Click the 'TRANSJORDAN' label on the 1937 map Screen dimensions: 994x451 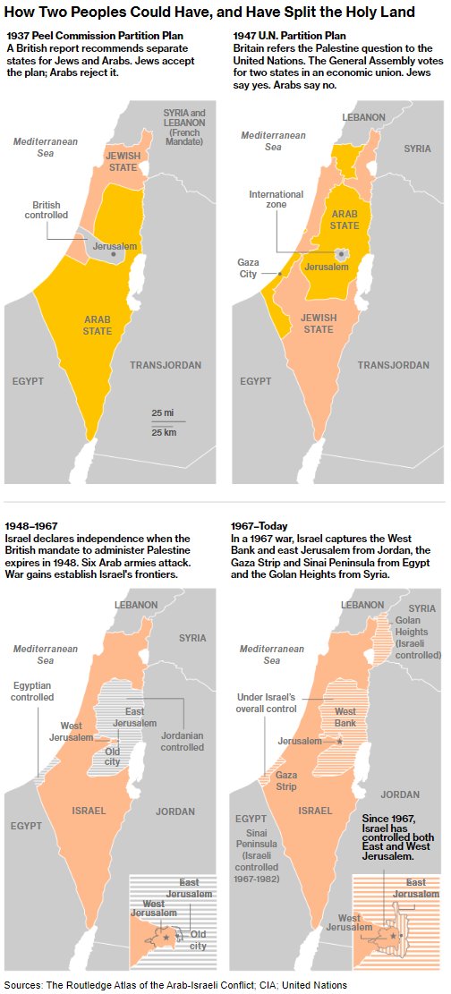pyautogui.click(x=166, y=365)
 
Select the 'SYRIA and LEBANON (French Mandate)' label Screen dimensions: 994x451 pyautogui.click(x=183, y=127)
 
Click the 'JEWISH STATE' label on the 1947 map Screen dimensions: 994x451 pyautogui.click(x=318, y=324)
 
